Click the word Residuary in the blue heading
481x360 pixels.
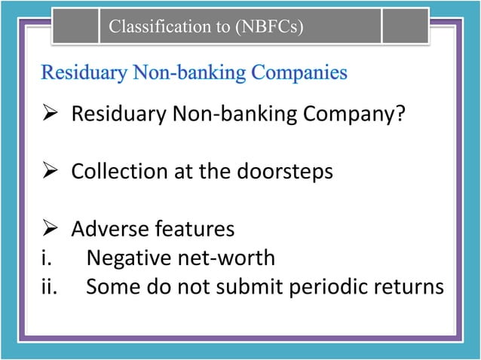tap(84, 73)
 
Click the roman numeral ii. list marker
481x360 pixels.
tap(48, 288)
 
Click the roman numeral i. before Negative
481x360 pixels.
tap(45, 258)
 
